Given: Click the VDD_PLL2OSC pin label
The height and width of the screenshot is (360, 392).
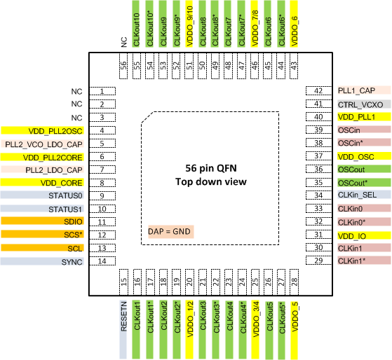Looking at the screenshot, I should click(x=42, y=130).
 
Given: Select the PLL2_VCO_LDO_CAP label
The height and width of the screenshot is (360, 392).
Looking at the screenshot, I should click(x=42, y=144).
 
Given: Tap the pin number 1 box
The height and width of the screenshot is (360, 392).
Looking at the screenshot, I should click(x=102, y=91).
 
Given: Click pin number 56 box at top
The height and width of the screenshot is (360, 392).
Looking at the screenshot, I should click(x=123, y=65).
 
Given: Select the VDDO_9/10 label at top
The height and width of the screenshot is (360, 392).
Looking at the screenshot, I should click(x=189, y=24).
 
